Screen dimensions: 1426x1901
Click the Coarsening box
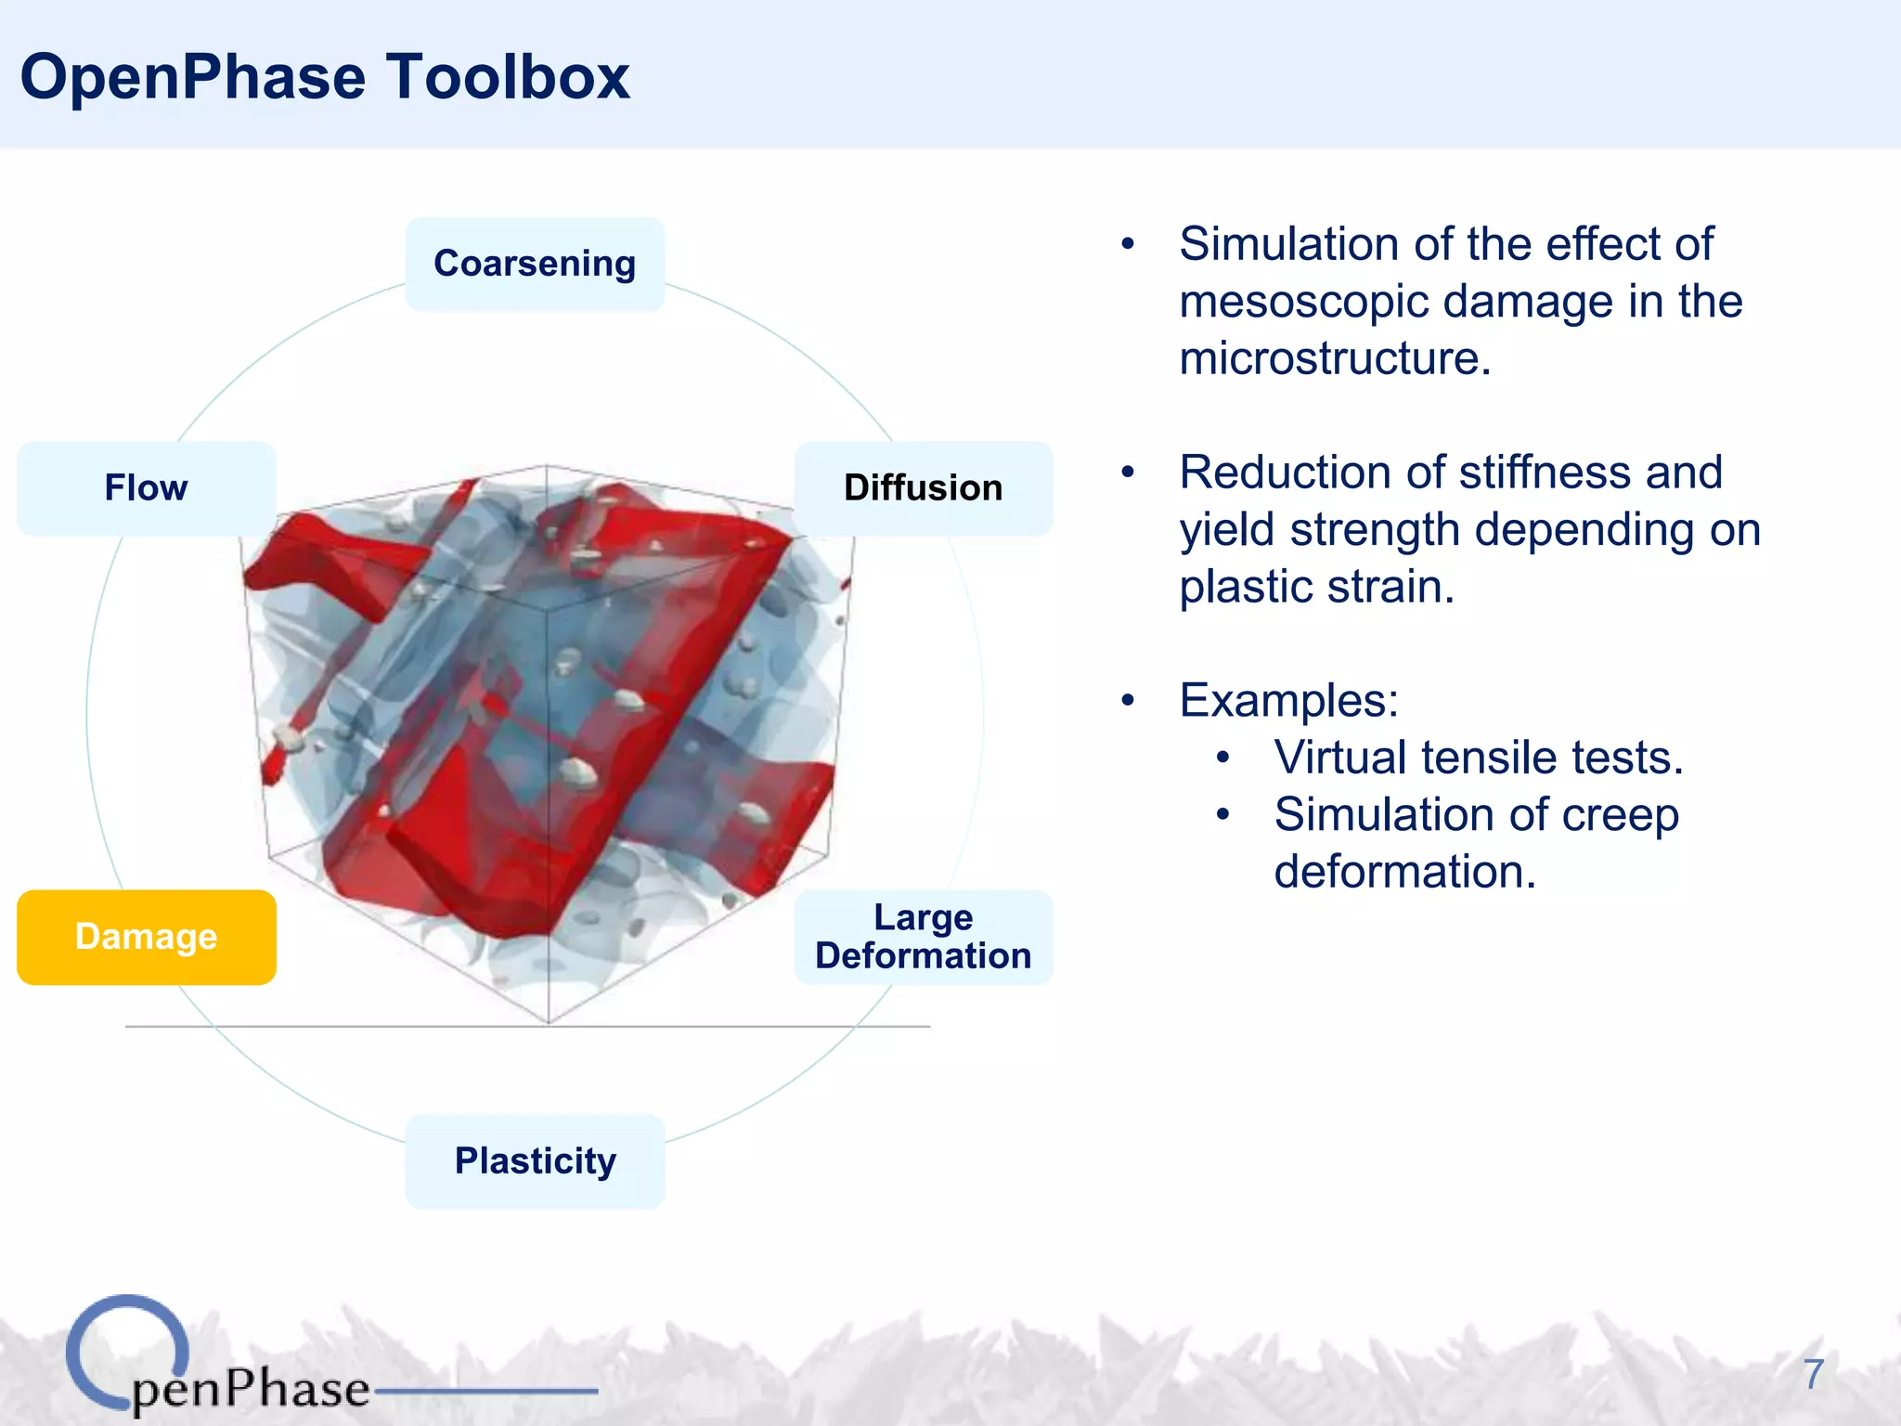click(x=535, y=264)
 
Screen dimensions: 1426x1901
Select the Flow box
click(x=146, y=488)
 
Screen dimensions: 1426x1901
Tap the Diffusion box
click(x=923, y=488)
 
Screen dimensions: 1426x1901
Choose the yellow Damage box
click(x=146, y=937)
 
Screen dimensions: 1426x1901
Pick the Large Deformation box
click(x=923, y=937)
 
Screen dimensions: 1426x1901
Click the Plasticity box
click(x=535, y=1161)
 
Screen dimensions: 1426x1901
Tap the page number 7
click(x=1814, y=1374)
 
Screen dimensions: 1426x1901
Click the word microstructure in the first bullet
click(x=1334, y=359)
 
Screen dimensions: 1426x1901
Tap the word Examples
click(x=1287, y=701)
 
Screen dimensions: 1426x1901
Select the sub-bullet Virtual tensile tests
click(x=1478, y=758)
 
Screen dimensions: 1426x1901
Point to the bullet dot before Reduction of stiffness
click(x=1128, y=473)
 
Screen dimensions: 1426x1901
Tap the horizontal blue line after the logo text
click(x=485, y=1391)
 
